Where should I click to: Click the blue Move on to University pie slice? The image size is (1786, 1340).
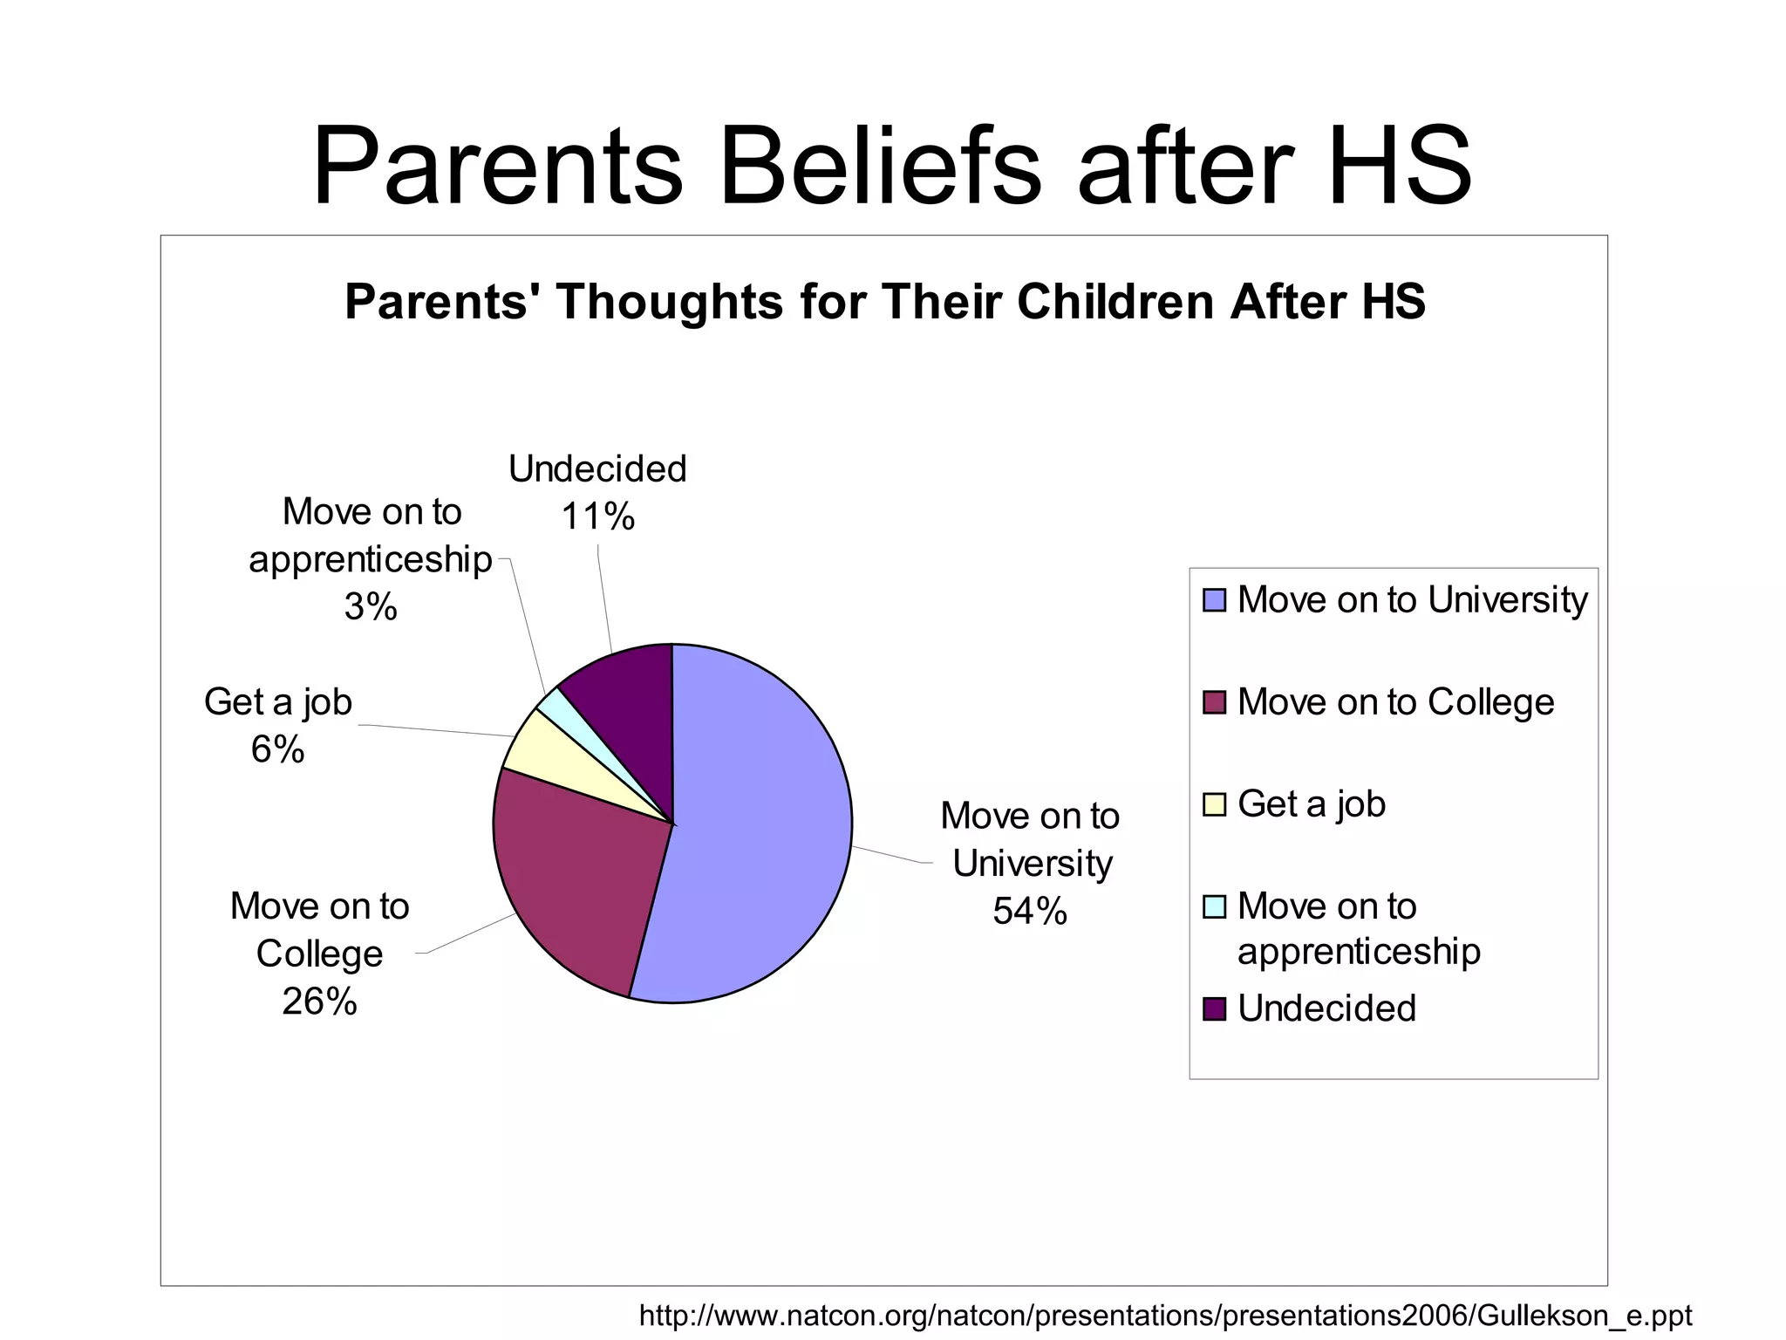(759, 829)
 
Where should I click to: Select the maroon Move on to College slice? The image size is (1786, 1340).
(576, 881)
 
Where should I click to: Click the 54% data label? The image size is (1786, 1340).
(1030, 911)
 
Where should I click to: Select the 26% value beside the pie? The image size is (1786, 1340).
(319, 1002)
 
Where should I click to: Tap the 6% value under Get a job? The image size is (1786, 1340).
(277, 749)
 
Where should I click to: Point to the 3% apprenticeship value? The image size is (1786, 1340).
(371, 606)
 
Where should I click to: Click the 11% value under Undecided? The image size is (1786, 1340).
(597, 516)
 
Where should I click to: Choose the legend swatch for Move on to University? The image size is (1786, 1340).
(1214, 600)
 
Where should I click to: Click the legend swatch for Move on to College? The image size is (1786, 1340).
(1214, 702)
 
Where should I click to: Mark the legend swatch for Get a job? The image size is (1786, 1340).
(1214, 804)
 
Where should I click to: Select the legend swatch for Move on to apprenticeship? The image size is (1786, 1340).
(1214, 906)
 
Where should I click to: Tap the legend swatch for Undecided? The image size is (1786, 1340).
(1214, 1008)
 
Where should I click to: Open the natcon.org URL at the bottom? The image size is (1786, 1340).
(1165, 1315)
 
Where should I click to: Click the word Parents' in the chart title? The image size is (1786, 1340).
(442, 302)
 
